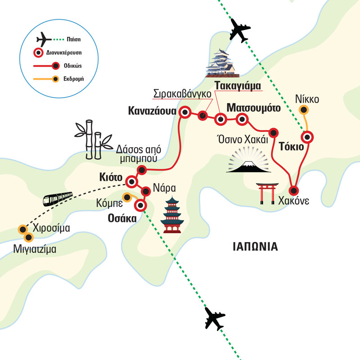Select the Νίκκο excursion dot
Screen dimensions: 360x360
tap(304, 109)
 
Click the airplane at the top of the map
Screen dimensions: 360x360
tap(239, 30)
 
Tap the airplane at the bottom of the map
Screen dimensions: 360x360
tap(215, 319)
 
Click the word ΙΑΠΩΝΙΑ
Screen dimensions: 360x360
tap(256, 246)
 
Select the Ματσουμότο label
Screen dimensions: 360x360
tap(254, 108)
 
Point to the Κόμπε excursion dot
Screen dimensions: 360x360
tap(128, 196)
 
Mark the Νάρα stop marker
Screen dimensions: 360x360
tap(145, 192)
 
